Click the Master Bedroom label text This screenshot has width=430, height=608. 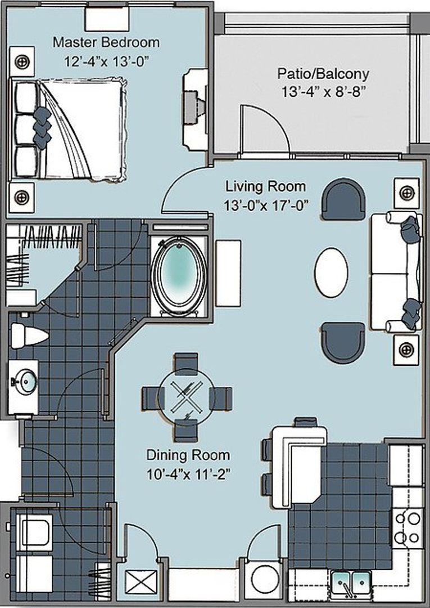pyautogui.click(x=106, y=42)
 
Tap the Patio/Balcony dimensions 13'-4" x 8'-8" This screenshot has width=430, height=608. pyautogui.click(x=323, y=92)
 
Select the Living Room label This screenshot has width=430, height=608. pyautogui.click(x=265, y=186)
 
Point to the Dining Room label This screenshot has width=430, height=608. pyautogui.click(x=188, y=455)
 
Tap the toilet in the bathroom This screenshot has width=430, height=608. pyautogui.click(x=29, y=336)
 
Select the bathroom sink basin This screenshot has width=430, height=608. pyautogui.click(x=23, y=381)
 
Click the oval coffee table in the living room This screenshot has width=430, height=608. pyautogui.click(x=331, y=272)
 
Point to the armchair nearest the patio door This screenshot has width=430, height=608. pyautogui.click(x=343, y=199)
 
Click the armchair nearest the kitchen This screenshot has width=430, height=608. pyautogui.click(x=343, y=342)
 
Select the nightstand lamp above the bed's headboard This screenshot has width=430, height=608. pyautogui.click(x=22, y=61)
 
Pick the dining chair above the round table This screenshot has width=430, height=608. pyautogui.click(x=186, y=363)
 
